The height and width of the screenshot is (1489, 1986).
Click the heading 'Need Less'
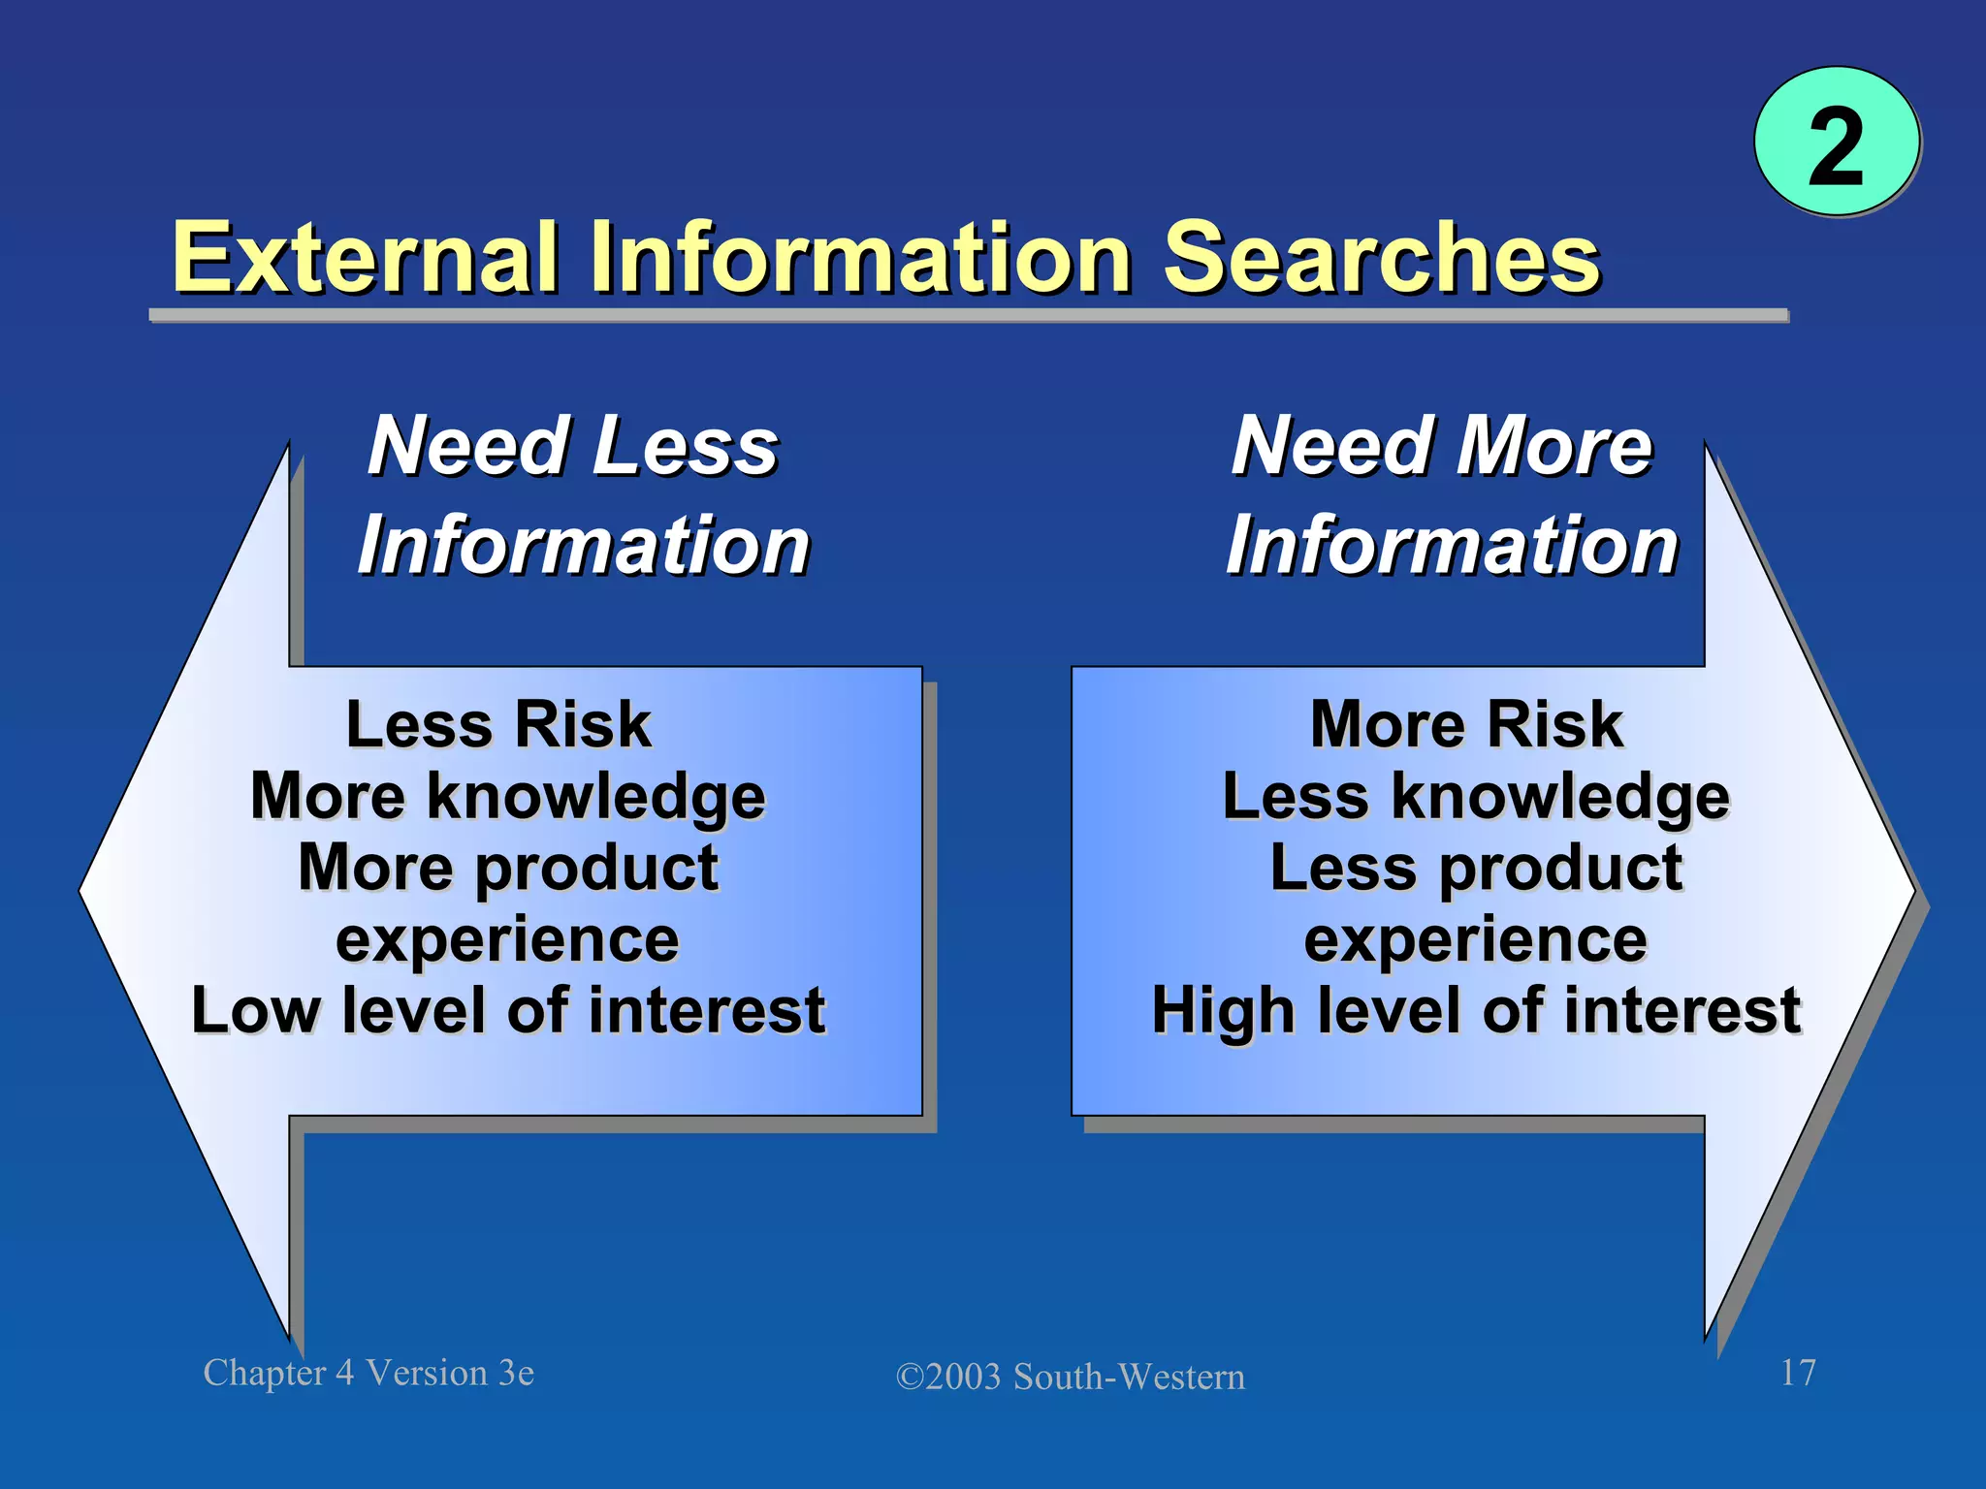pos(573,446)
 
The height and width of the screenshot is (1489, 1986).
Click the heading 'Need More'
pos(1442,446)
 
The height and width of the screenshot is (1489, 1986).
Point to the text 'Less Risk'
pos(498,724)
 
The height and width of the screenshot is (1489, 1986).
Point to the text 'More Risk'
pos(1466,724)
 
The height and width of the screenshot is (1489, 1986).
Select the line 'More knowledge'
pos(508,797)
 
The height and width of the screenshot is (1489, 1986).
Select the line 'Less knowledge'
pos(1476,797)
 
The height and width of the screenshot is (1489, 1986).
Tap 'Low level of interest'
pos(508,1010)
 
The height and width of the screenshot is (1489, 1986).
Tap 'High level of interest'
pos(1476,1010)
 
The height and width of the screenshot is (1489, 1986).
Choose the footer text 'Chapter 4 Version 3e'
pos(368,1373)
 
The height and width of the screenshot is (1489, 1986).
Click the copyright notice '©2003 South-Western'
pos(1070,1377)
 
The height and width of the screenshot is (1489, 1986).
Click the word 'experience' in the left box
pos(507,939)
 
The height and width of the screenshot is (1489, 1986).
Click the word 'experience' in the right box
pos(1475,939)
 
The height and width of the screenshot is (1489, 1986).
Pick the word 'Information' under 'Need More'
pos(1452,546)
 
